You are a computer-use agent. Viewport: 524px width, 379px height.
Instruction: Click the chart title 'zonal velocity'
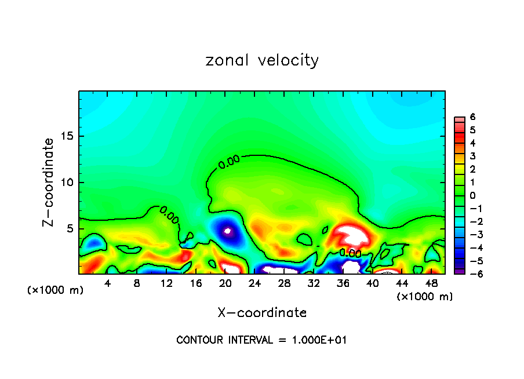[x=262, y=60]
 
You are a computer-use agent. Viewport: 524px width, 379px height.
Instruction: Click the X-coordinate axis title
[x=262, y=313]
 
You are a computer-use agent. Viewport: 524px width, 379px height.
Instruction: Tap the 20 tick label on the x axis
[x=225, y=283]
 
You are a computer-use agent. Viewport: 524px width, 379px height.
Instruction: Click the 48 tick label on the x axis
[x=431, y=283]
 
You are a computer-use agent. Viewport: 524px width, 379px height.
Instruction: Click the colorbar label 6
[x=473, y=117]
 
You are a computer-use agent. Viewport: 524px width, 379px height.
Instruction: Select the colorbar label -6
[x=471, y=274]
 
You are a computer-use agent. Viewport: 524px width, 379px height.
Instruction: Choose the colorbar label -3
[x=471, y=235]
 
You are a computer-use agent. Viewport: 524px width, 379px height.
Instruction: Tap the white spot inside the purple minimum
[x=227, y=231]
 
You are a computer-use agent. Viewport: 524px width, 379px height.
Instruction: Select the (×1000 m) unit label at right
[x=425, y=297]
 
